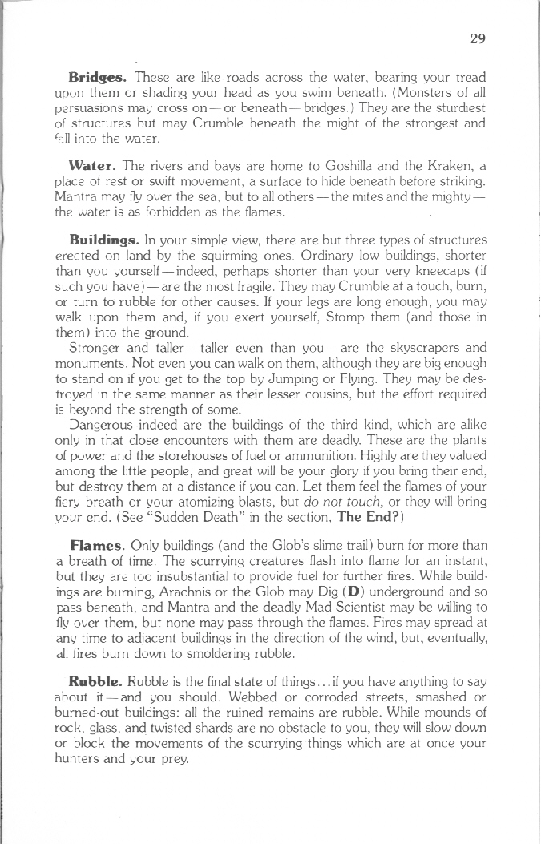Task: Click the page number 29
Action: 479,38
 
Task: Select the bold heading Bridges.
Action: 97,78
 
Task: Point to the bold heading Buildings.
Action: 104,239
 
